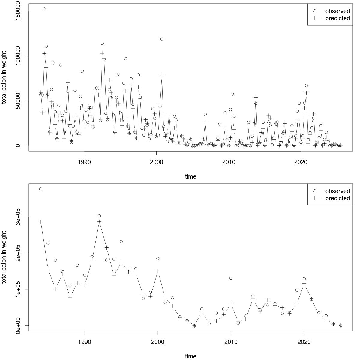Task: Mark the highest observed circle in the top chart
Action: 44,9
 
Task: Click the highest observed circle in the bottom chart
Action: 41,189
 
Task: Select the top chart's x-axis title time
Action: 190,176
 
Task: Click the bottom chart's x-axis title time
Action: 190,356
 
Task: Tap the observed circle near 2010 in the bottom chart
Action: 231,278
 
